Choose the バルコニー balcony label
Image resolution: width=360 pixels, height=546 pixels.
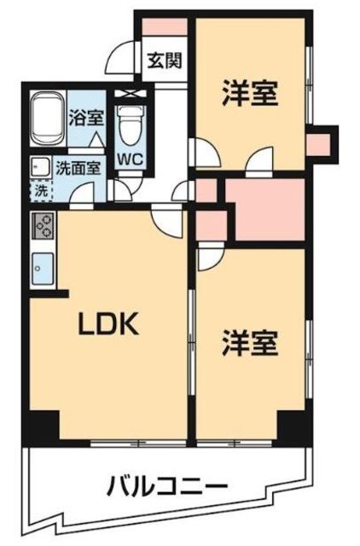click(166, 488)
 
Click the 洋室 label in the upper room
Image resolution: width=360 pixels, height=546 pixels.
click(250, 92)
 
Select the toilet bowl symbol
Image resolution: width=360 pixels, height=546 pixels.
click(130, 128)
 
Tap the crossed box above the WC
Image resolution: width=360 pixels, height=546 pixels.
click(131, 93)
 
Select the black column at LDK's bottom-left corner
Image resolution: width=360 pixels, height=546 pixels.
click(43, 425)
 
